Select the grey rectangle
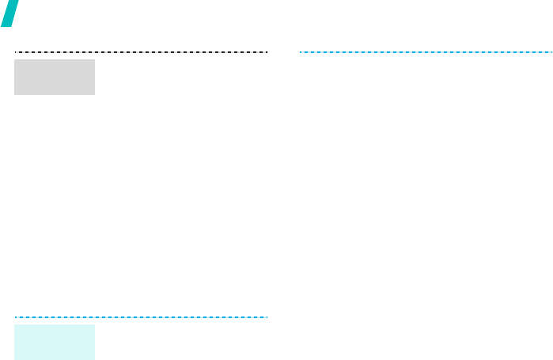(55, 77)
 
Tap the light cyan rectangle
(55, 342)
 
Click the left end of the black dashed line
(15, 52)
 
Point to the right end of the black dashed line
(268, 52)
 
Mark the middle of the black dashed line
(142, 52)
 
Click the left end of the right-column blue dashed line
(300, 52)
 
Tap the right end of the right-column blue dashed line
(551, 52)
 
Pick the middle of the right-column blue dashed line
(426, 52)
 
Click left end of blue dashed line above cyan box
(15, 317)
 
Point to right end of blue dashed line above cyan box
(268, 317)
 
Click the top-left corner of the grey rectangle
(15, 59)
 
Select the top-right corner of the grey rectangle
(94, 59)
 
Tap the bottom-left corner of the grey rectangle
(15, 94)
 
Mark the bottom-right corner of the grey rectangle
(94, 94)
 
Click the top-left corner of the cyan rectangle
(15, 324)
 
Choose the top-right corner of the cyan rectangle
(94, 324)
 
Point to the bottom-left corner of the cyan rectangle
(15, 359)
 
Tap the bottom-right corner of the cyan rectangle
(94, 359)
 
